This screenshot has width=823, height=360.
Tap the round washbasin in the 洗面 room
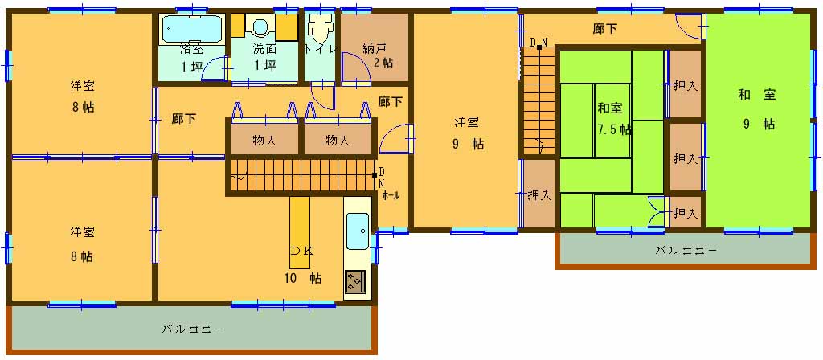point(260,27)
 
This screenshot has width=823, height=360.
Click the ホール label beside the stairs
point(391,196)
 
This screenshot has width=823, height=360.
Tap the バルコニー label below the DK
point(193,329)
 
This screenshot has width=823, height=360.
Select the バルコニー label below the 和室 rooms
point(686,251)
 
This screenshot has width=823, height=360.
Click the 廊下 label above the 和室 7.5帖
point(604,30)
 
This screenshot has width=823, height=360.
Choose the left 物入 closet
point(265,140)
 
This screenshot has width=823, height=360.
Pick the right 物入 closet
point(338,140)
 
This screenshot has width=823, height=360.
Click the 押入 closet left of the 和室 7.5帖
point(539,194)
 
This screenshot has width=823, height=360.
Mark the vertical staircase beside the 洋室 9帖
point(538,100)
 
